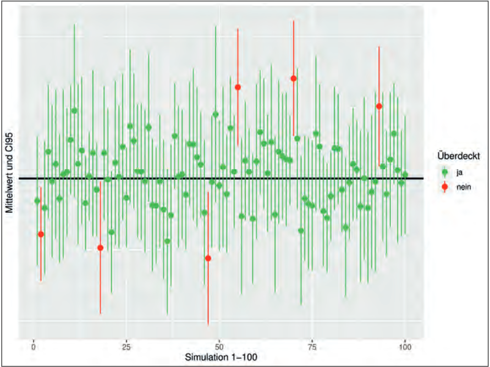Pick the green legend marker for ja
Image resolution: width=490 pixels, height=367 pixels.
coord(444,172)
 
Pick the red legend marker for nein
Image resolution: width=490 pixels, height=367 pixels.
coord(444,187)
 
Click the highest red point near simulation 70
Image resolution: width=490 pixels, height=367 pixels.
coord(294,79)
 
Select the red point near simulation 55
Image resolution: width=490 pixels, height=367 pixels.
coord(238,87)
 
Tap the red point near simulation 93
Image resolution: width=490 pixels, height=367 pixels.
coord(379,106)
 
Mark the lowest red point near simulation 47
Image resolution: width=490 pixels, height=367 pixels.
coord(208,258)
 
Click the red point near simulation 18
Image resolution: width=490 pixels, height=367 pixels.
coord(100,248)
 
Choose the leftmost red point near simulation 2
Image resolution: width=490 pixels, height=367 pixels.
coord(41,234)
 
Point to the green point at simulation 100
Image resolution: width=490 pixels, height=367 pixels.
coord(405,175)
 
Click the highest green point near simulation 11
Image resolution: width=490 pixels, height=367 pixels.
coord(74,110)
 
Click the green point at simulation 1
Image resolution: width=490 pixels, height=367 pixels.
coord(37,201)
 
